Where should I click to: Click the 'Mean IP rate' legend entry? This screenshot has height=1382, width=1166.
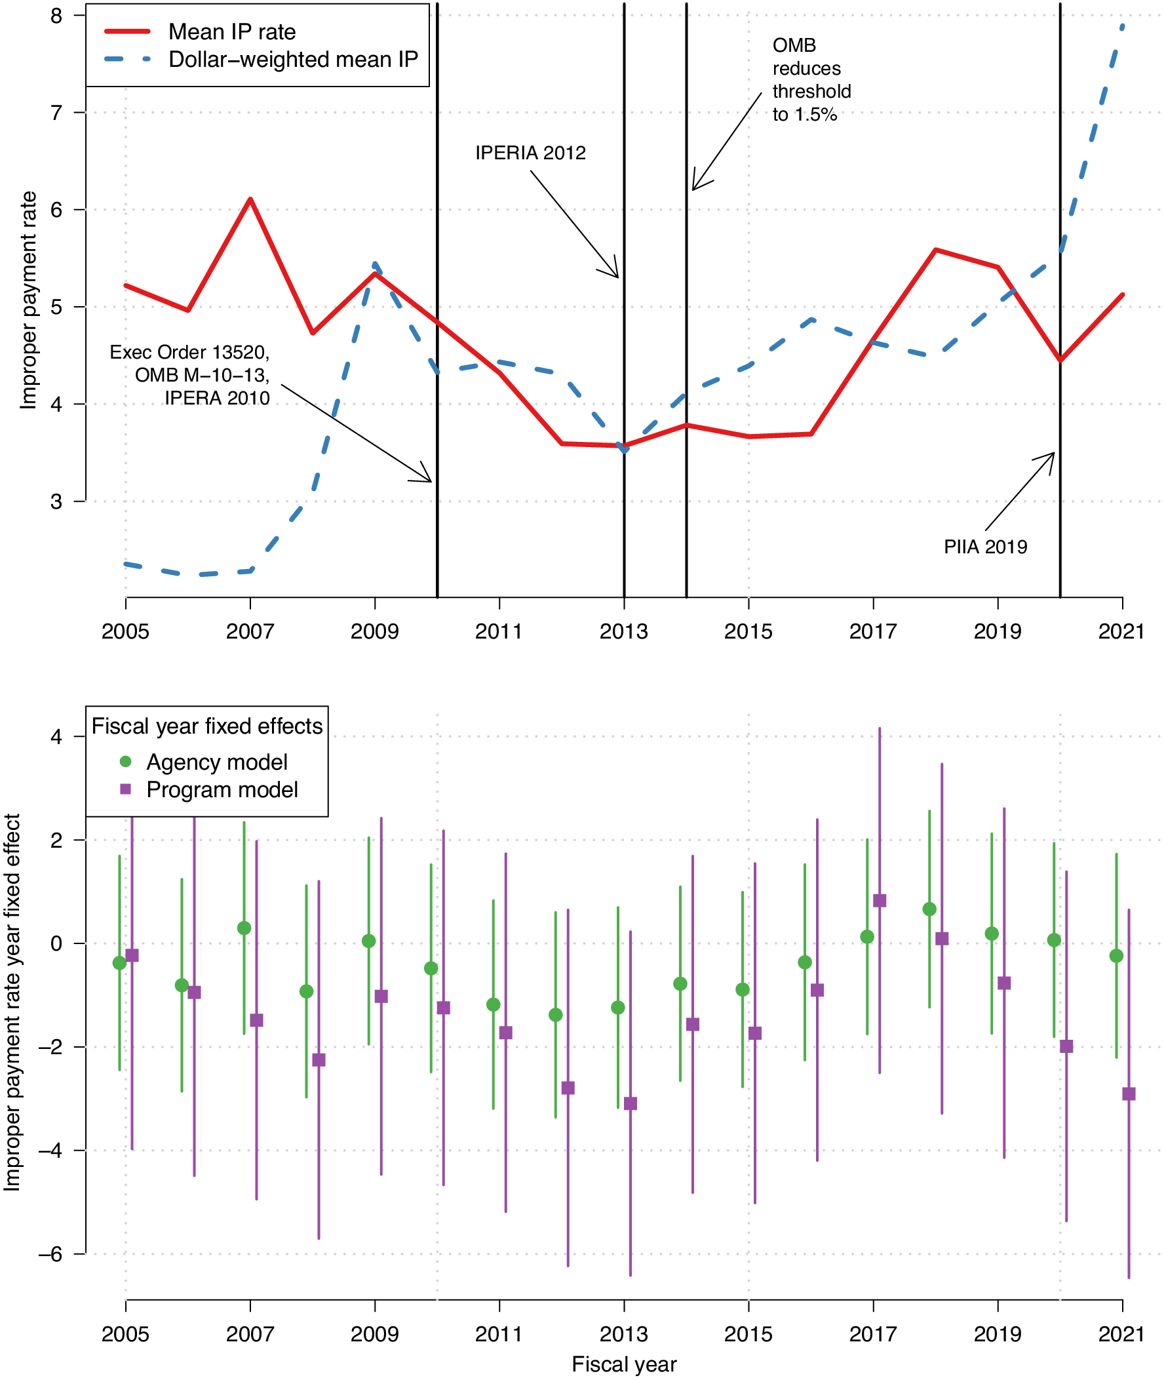click(x=231, y=31)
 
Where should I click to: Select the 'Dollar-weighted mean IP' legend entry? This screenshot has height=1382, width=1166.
click(x=293, y=60)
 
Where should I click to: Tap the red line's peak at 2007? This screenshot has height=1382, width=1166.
click(x=250, y=199)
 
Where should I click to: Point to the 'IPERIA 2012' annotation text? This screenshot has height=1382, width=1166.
click(x=530, y=153)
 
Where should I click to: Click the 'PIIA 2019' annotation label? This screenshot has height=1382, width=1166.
click(x=985, y=547)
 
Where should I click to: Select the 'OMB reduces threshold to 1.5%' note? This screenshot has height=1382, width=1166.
click(x=811, y=80)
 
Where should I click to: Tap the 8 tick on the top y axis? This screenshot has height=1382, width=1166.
click(x=56, y=15)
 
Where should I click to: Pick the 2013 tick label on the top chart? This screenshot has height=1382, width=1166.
click(x=623, y=631)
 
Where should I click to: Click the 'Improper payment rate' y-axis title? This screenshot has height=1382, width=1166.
click(x=28, y=300)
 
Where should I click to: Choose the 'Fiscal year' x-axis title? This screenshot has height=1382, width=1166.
click(x=623, y=1364)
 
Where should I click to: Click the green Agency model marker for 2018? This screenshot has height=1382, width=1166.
click(x=929, y=909)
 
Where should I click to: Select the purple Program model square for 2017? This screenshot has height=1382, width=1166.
click(x=879, y=901)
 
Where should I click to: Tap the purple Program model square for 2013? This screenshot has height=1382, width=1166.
click(x=630, y=1103)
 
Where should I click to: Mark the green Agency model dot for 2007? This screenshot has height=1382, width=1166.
click(x=244, y=928)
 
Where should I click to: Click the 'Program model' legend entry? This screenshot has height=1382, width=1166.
click(x=222, y=789)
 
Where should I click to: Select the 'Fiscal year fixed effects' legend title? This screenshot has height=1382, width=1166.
click(x=207, y=726)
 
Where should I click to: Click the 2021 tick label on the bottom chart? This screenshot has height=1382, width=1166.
click(x=1121, y=1334)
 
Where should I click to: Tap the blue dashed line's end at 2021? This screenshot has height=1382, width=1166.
click(x=1122, y=26)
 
